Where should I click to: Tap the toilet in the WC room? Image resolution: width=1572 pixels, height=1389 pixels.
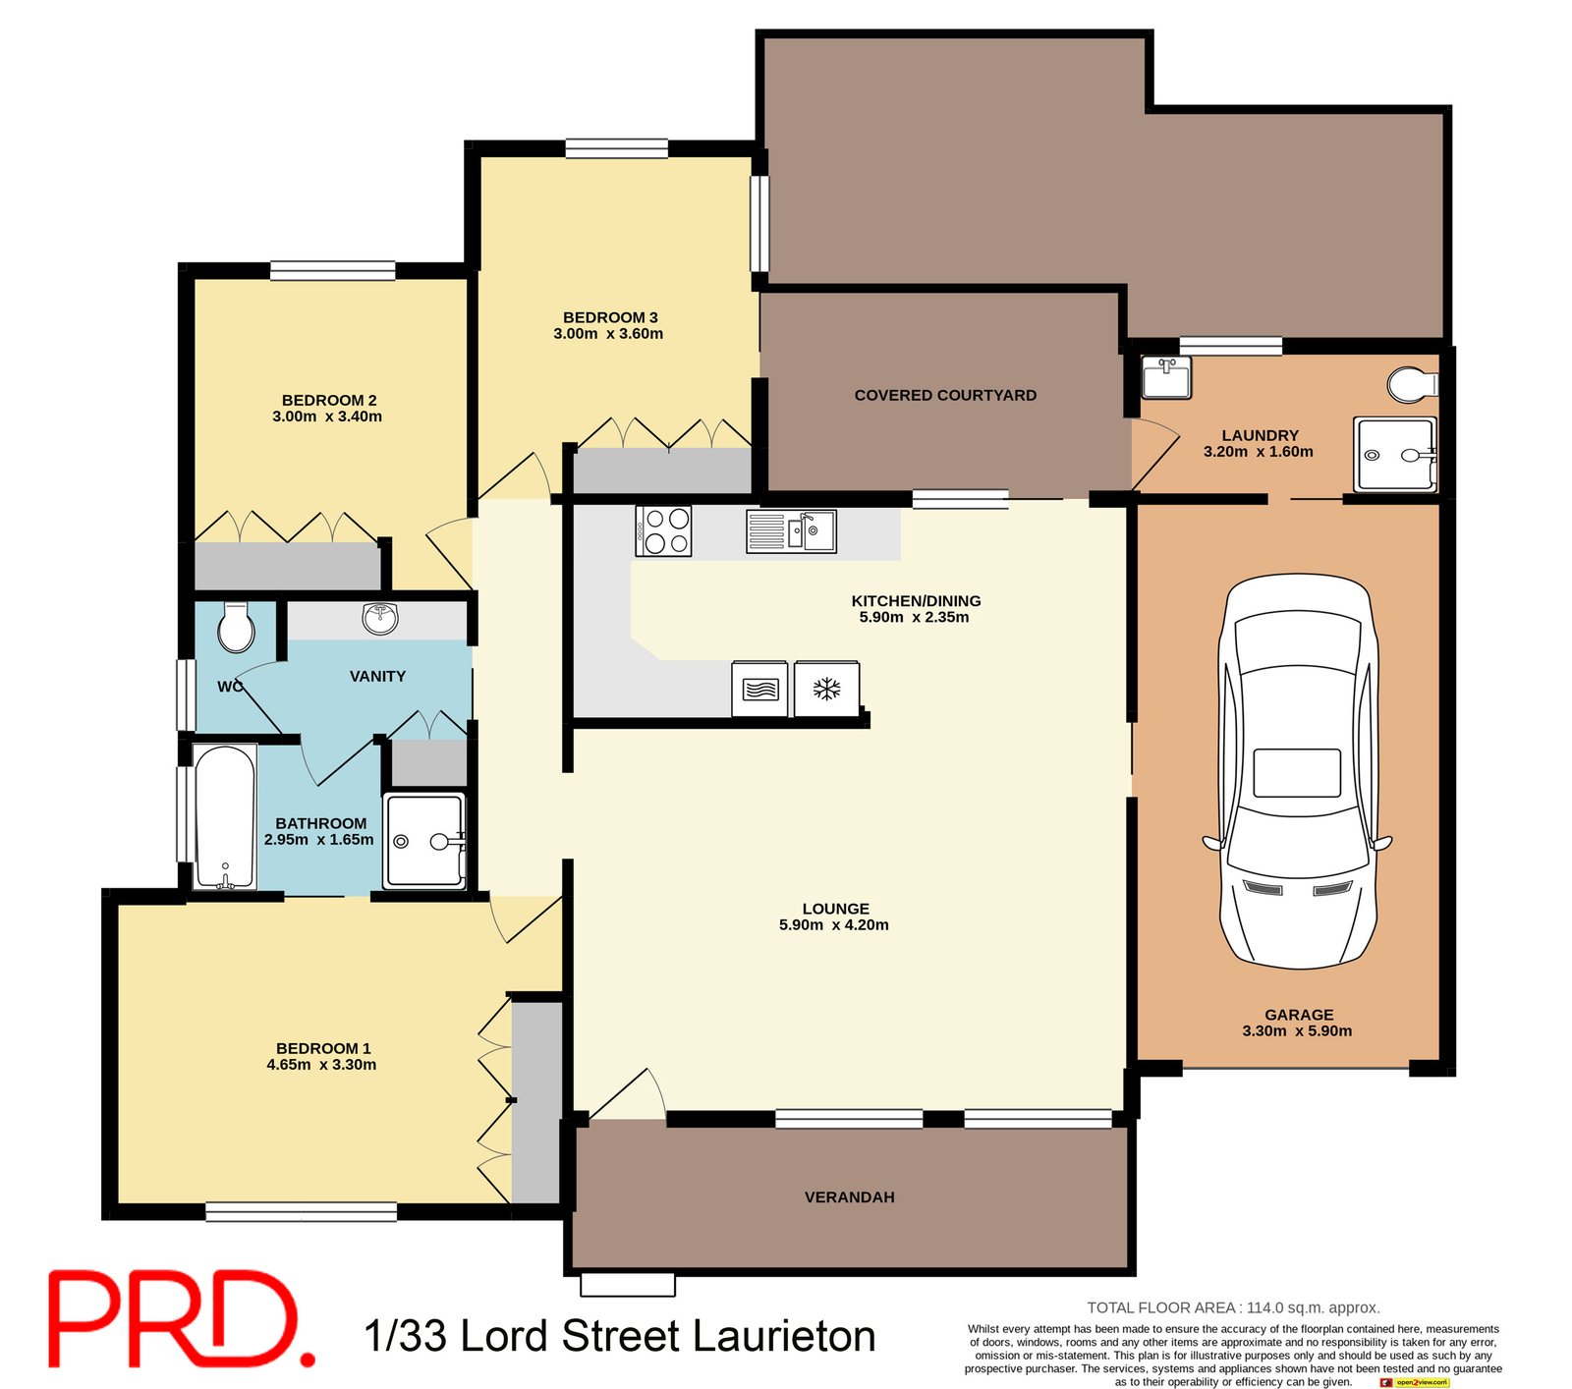pos(236,628)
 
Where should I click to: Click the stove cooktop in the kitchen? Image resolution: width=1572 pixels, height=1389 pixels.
pos(664,531)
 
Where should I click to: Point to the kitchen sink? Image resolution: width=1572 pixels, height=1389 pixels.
pos(791,531)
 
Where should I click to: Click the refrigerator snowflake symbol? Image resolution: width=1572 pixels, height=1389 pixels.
pos(826,689)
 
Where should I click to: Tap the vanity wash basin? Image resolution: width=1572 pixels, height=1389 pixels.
pos(380,618)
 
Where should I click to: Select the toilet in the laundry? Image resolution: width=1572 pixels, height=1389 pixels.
pos(1412,384)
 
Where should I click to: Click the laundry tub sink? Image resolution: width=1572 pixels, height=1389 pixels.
pos(1166,377)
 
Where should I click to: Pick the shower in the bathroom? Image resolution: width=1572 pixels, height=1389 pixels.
pos(424,841)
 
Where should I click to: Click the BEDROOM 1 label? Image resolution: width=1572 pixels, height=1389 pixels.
pos(323,1048)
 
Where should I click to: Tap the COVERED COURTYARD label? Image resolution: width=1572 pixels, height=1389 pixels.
pos(945,395)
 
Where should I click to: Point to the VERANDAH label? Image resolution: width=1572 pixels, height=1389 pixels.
pos(849,1197)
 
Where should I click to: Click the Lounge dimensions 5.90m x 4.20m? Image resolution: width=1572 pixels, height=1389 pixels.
pos(834,925)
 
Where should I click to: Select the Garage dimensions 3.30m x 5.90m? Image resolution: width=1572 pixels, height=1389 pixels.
pos(1297,1031)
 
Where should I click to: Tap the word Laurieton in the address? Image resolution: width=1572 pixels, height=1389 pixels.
pos(784,1337)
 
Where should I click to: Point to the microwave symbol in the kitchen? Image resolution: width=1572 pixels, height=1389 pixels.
pos(760,690)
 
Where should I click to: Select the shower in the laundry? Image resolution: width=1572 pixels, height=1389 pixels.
pos(1394,454)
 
